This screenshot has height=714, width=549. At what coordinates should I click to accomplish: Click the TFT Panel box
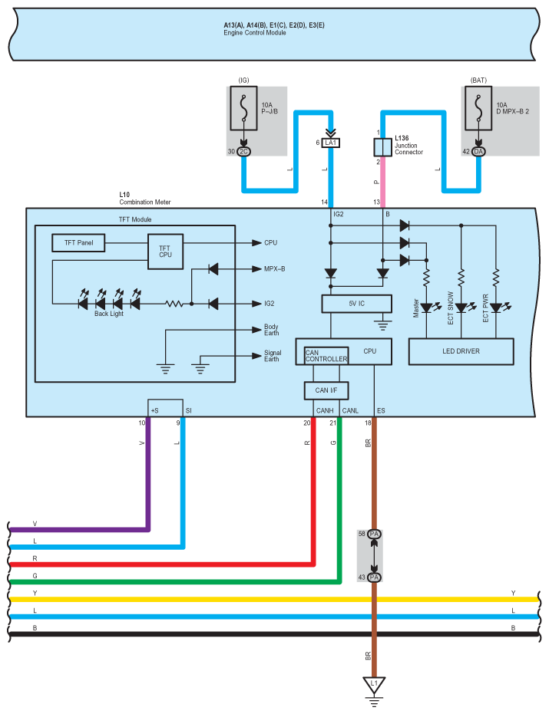click(x=78, y=242)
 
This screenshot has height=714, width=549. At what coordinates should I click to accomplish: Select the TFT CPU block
click(x=166, y=252)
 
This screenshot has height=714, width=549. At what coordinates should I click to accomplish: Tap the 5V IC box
click(x=356, y=304)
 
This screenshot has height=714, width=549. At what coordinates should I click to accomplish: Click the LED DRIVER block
click(x=461, y=351)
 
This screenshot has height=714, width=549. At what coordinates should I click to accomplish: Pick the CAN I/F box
click(x=326, y=390)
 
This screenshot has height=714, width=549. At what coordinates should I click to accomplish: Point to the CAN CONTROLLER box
click(x=326, y=356)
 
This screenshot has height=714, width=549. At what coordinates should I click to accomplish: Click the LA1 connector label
click(x=331, y=143)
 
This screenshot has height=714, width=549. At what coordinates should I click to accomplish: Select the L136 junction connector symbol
click(x=382, y=147)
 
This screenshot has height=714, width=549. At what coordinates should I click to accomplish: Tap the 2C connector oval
click(x=244, y=152)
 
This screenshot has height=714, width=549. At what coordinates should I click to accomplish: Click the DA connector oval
click(x=478, y=152)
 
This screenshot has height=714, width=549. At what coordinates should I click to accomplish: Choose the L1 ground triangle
click(x=374, y=684)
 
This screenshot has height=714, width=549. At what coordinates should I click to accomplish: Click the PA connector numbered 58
click(x=375, y=534)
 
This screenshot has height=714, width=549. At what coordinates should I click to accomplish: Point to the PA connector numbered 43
click(x=375, y=577)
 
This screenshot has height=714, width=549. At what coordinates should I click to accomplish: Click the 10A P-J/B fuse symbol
click(x=243, y=108)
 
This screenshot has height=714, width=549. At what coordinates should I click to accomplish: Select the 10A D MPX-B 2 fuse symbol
click(x=478, y=108)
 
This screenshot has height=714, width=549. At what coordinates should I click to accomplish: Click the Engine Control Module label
click(x=254, y=33)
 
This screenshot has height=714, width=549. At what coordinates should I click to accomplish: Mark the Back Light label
click(x=109, y=314)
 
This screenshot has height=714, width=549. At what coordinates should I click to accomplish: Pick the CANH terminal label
click(x=325, y=411)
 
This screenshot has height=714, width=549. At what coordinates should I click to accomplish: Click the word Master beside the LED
click(x=416, y=308)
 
